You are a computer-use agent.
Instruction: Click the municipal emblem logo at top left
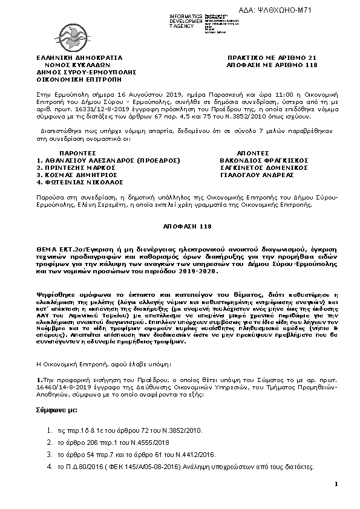point(71,31)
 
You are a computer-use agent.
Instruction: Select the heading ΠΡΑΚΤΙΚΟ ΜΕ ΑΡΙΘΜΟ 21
point(263,57)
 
